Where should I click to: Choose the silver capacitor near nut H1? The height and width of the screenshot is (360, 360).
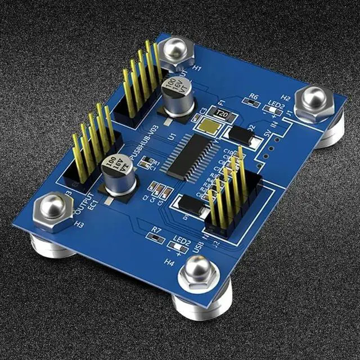click(x=175, y=92)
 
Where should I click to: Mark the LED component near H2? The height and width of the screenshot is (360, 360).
click(x=275, y=113)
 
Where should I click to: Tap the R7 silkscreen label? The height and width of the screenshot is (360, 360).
click(x=157, y=229)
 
